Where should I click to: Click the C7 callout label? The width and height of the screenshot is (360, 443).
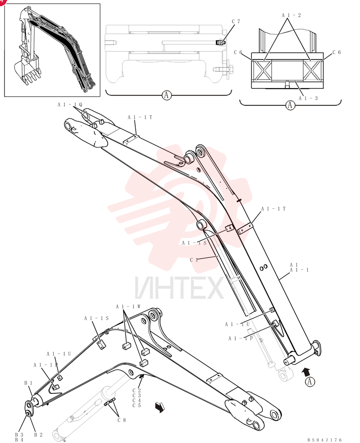point(236,21)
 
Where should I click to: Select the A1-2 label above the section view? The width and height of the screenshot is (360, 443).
point(291,15)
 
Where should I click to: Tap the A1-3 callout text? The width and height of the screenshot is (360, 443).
point(308,98)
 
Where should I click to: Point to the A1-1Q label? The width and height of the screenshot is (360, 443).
point(70,105)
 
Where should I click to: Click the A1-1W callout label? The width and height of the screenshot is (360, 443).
point(128,307)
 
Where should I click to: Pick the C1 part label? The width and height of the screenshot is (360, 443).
point(194,260)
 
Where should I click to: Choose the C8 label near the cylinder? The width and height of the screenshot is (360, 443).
point(121,420)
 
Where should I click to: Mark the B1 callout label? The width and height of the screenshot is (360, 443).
point(28,383)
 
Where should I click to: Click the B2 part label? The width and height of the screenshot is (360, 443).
point(38,435)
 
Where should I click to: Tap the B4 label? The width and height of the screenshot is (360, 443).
point(19,440)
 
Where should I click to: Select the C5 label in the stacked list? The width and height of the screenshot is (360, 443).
point(137,405)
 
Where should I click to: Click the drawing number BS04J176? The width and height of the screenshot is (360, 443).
point(325,440)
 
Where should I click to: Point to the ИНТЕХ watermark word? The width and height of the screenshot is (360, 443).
point(179,288)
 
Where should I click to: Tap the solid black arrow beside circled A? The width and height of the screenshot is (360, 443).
point(306,372)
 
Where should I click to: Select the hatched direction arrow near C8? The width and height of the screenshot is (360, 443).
point(160,407)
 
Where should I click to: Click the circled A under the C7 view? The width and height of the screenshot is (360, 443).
point(167,95)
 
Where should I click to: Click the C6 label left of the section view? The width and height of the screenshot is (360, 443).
point(238,52)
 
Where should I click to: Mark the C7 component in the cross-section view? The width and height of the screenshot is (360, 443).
point(220,43)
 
